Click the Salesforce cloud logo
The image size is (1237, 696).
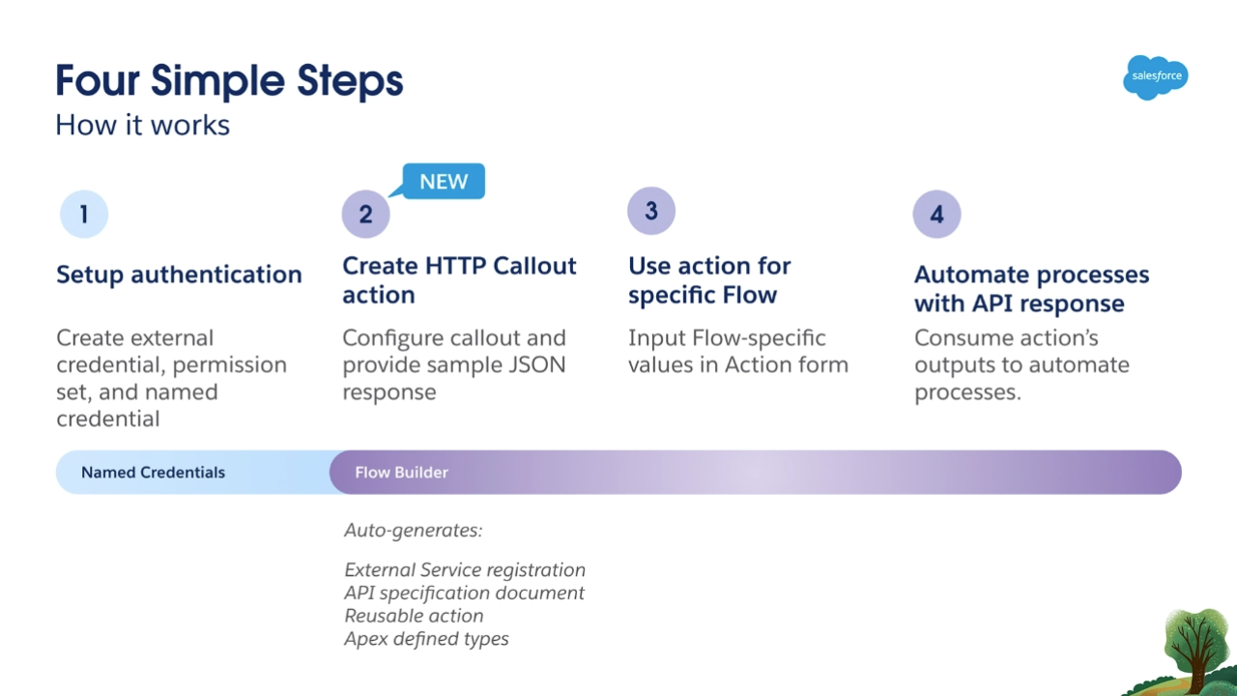[1155, 77]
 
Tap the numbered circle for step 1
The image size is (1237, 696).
[84, 214]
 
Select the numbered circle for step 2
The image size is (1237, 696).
[365, 214]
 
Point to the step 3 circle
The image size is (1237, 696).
[651, 211]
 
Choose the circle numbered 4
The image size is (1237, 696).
[936, 214]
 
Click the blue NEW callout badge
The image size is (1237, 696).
[444, 181]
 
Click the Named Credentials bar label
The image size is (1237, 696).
[153, 473]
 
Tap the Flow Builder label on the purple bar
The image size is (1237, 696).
[401, 473]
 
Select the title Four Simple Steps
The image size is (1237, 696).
[229, 81]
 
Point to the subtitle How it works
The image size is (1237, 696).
[142, 125]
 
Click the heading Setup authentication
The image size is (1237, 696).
[179, 275]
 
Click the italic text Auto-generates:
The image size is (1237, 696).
[413, 531]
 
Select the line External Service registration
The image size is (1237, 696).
[465, 569]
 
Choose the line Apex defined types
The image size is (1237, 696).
[426, 639]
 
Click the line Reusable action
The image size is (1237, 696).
[414, 616]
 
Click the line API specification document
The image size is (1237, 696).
[464, 593]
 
